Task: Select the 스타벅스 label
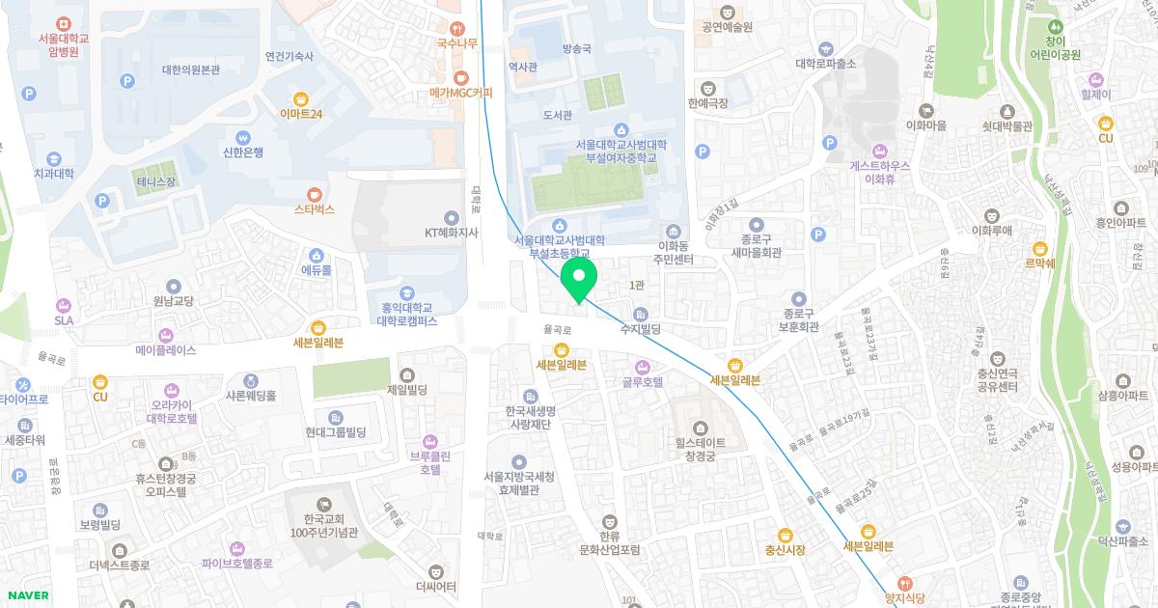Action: tap(315, 208)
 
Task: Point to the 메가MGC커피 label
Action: tap(461, 94)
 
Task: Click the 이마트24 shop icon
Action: tap(301, 97)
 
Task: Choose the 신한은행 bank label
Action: tap(242, 152)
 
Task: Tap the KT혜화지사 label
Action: tap(452, 232)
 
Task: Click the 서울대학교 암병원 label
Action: tap(63, 45)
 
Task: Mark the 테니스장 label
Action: tap(156, 181)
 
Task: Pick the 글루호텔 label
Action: tap(642, 382)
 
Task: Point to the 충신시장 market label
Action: tap(785, 549)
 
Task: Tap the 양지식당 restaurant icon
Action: tap(904, 583)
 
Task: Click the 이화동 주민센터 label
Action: tap(673, 253)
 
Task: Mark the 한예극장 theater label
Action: tap(708, 102)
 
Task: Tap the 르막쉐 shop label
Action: tap(1039, 263)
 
